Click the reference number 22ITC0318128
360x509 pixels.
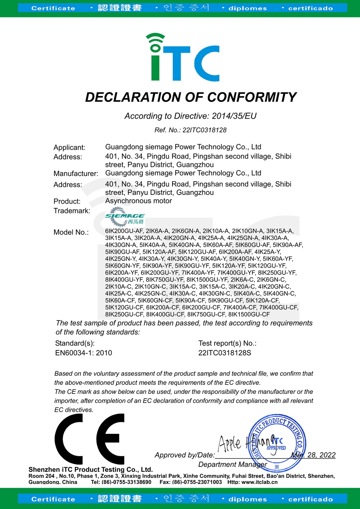click(x=204, y=130)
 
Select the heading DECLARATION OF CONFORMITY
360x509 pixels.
click(x=190, y=97)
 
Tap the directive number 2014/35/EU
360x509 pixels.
click(x=234, y=116)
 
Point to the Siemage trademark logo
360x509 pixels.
click(x=125, y=216)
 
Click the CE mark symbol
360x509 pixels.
click(x=90, y=439)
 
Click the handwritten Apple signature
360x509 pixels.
click(x=229, y=443)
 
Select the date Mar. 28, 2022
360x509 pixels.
click(x=313, y=455)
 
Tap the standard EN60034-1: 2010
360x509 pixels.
click(x=84, y=353)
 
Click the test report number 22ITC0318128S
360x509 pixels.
click(x=225, y=353)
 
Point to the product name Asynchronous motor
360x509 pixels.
click(x=138, y=201)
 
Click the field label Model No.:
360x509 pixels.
click(x=71, y=232)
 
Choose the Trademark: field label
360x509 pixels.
click(x=72, y=211)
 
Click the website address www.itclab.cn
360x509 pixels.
click(x=259, y=482)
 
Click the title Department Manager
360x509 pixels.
click(x=233, y=465)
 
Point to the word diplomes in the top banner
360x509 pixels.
click(x=248, y=8)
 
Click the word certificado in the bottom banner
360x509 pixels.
click(x=310, y=499)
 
